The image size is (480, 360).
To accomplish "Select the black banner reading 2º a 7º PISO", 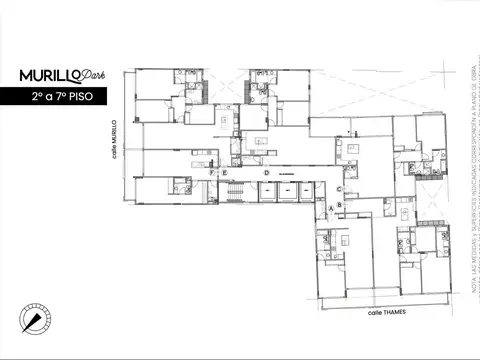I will pos(64,97).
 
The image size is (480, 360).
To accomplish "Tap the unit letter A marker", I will pos(331,206).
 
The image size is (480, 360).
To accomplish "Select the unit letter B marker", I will pos(340,206).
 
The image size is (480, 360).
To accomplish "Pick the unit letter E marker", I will pos(226,173).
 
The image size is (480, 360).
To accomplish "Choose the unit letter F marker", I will pos(212,173).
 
